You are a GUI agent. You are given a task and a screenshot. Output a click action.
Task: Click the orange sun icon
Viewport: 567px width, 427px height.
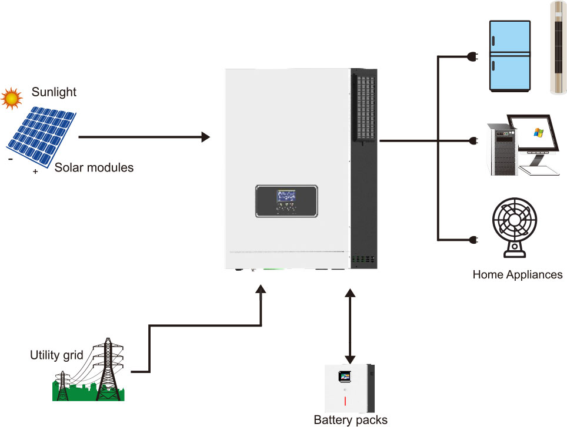point(11,98)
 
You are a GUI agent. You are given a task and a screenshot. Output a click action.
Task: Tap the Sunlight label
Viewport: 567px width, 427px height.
point(54,92)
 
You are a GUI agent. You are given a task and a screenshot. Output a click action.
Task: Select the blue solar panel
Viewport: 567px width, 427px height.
point(41,135)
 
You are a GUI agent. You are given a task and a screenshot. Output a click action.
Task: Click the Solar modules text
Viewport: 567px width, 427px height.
point(94,167)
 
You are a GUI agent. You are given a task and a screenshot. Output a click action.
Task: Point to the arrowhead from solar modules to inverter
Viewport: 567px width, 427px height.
point(205,137)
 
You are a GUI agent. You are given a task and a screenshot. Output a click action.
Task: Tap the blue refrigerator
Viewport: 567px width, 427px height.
point(510,56)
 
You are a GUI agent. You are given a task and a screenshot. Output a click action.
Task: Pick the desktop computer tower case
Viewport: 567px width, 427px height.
point(501,149)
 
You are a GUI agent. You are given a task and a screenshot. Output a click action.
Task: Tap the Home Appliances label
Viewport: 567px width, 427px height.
point(518,274)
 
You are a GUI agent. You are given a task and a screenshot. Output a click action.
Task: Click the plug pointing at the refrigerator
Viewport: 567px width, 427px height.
point(472,56)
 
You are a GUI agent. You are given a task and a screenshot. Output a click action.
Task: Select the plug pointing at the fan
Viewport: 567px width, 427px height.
point(472,240)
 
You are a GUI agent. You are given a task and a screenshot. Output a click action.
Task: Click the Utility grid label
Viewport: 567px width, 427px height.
point(56,355)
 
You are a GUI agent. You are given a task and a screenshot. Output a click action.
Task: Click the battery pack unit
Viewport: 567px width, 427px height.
point(350,389)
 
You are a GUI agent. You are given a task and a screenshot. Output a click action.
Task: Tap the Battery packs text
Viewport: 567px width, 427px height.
point(351,419)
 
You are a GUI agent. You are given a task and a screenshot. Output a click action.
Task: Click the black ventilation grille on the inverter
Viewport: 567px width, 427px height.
point(363,106)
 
